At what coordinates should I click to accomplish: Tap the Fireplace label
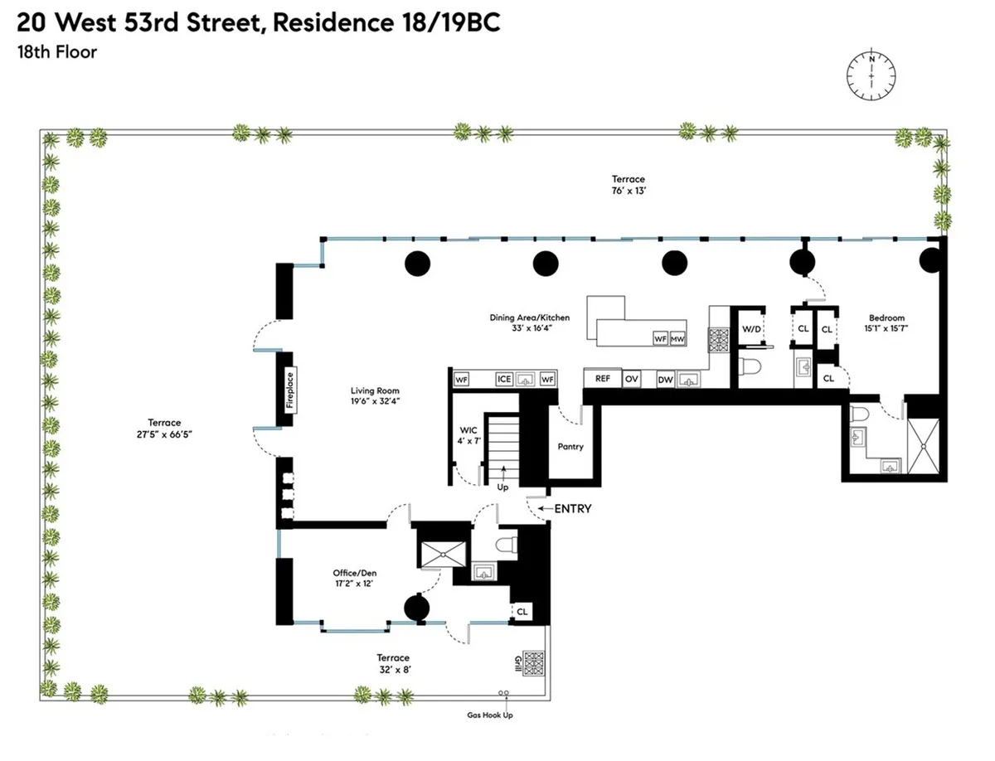290,390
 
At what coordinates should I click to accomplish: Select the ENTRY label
573,509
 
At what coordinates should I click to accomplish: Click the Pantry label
570,447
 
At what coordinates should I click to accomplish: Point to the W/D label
751,329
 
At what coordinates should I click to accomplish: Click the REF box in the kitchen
603,379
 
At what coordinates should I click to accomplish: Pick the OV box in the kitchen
632,379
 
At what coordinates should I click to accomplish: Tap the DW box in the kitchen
665,380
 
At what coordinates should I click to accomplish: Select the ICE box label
503,379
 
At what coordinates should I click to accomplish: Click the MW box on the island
677,338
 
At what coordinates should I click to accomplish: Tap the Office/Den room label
356,572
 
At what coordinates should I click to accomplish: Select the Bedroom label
886,317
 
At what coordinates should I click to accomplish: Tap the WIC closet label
468,430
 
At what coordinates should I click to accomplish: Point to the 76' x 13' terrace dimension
629,190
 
